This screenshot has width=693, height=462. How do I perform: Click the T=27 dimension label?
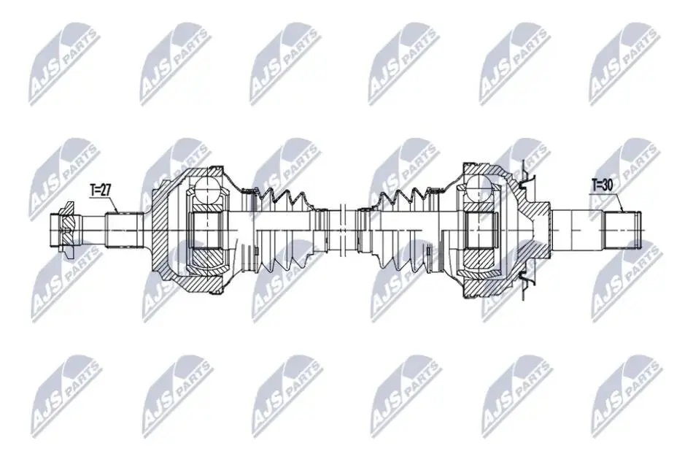(101, 190)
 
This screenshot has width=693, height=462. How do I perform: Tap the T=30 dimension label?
(603, 185)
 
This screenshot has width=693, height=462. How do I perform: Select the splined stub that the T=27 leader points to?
(124, 231)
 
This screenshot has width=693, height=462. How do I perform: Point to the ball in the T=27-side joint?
(208, 188)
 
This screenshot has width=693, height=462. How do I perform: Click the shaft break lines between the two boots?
(343, 230)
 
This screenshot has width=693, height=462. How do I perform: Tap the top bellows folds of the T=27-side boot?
(282, 199)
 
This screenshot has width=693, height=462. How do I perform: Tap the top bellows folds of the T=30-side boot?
(400, 199)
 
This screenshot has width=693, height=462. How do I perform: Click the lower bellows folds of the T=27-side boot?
(282, 262)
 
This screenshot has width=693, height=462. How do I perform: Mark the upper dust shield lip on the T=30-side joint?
(527, 177)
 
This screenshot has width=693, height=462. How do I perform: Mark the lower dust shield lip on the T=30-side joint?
(527, 283)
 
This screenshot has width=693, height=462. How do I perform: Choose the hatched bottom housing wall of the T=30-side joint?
(486, 288)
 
